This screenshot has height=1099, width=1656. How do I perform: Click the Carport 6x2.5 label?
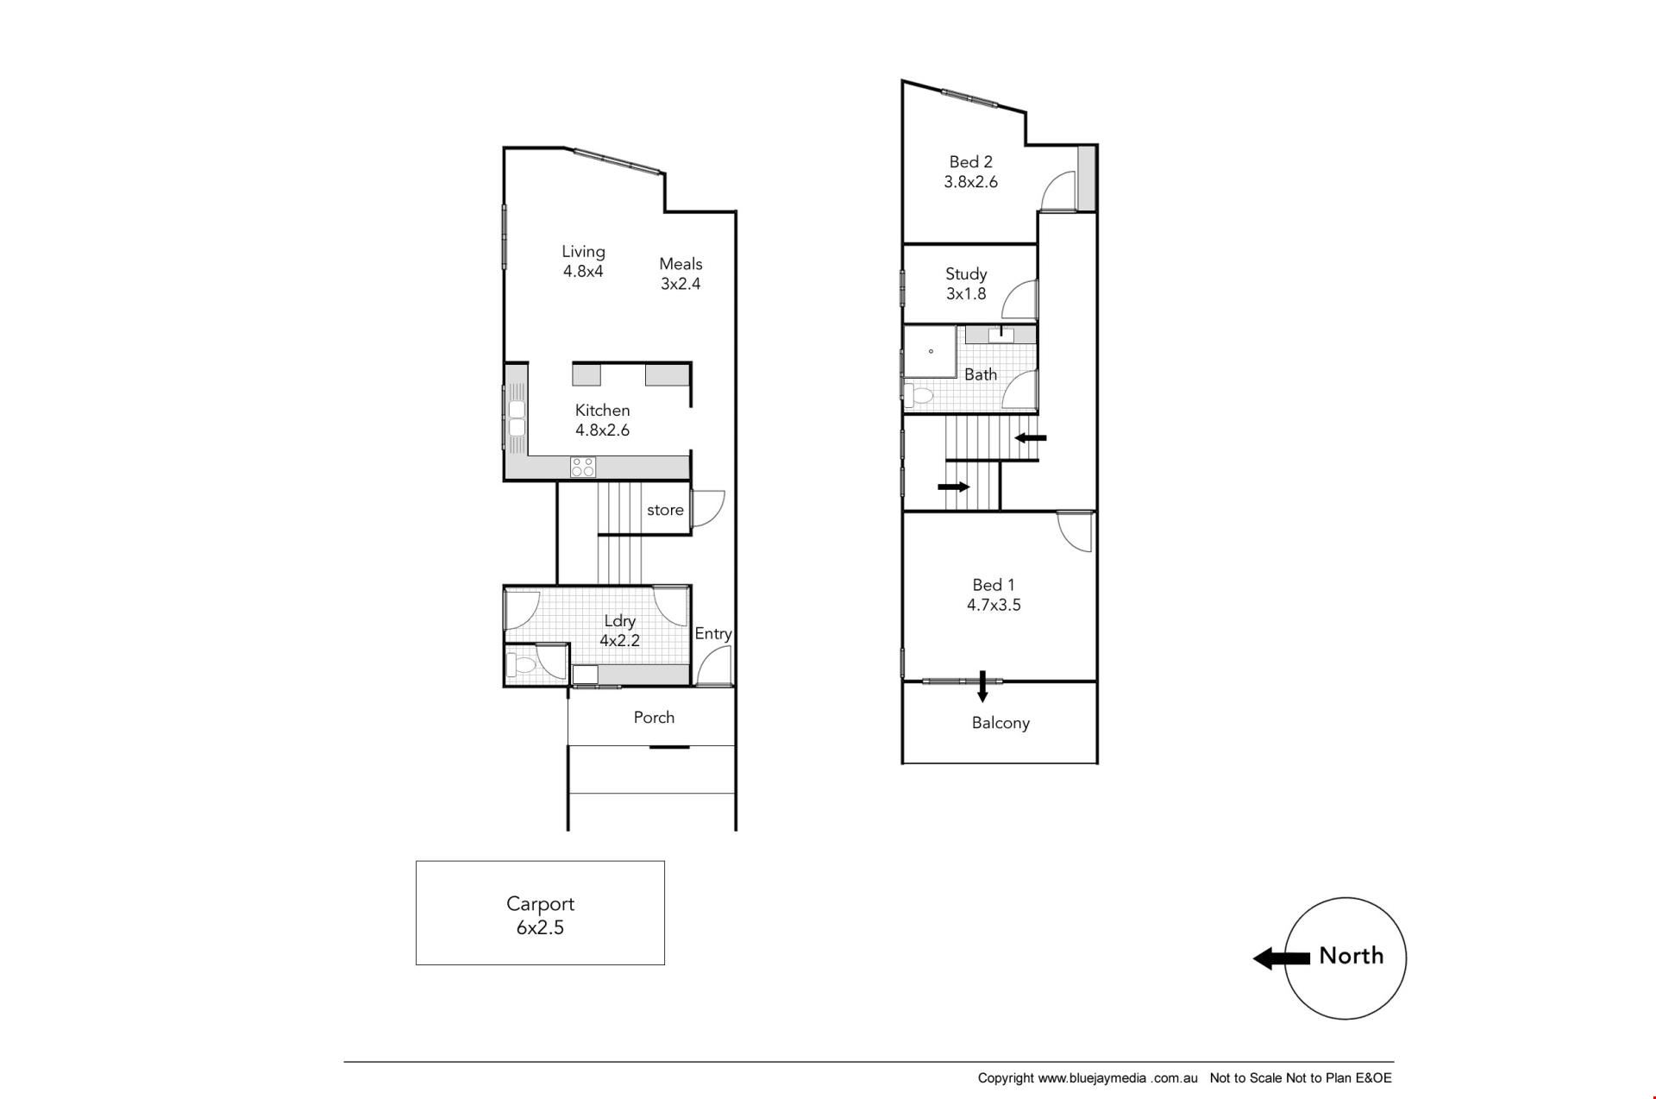click(540, 915)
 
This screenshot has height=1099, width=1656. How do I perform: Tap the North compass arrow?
click(1281, 958)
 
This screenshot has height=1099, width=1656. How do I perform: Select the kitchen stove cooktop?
click(582, 467)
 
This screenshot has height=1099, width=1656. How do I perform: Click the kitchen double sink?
click(517, 418)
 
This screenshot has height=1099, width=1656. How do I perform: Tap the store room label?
click(665, 510)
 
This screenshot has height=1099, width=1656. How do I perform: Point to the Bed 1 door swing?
click(1075, 531)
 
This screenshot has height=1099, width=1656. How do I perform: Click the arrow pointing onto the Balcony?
click(982, 688)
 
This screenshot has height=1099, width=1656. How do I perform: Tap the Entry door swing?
click(714, 668)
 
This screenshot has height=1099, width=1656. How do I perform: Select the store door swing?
click(708, 509)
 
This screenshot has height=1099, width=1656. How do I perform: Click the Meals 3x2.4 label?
click(681, 273)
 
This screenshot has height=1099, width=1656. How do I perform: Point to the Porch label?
click(654, 718)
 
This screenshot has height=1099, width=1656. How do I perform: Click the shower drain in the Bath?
click(931, 351)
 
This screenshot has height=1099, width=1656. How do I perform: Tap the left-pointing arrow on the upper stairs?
click(1031, 438)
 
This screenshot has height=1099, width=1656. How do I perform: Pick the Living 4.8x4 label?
click(583, 261)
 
